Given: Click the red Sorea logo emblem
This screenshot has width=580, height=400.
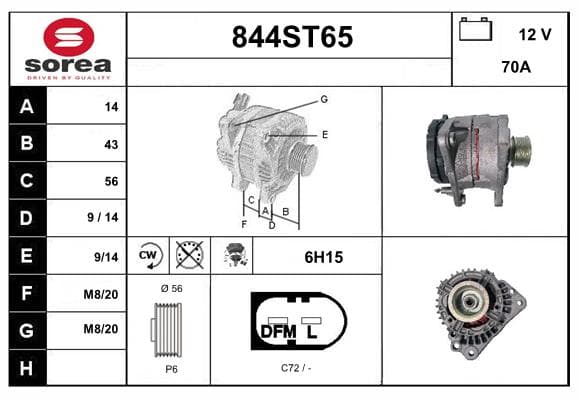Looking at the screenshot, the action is point(69,37).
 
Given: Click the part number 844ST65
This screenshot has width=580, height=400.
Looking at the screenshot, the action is point(292,37).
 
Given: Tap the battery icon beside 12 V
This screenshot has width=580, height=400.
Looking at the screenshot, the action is point(475,30).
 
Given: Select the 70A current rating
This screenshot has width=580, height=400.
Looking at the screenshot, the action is point(516,67).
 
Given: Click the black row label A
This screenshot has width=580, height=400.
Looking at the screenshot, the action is point(27,107).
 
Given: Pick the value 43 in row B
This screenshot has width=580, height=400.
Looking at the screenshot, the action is point(111,144).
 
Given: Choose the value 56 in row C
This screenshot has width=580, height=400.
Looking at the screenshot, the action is point(111,181).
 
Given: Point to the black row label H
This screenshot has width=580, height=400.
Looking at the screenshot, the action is point(27,368).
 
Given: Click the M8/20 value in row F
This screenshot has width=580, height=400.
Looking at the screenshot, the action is point(101,295).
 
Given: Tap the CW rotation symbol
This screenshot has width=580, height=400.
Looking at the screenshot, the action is point(148,255).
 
